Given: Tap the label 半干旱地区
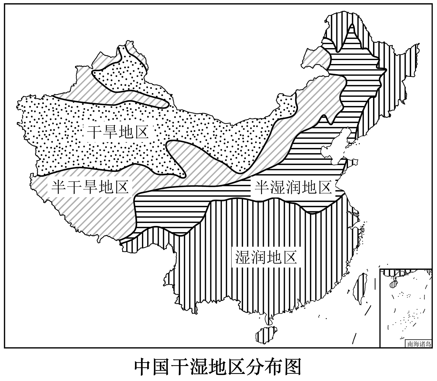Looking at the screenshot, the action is click(x=90, y=187).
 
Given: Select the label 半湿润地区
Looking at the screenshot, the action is click(x=293, y=187).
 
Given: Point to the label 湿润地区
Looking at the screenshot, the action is click(x=266, y=257).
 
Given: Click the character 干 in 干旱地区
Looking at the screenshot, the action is click(x=94, y=132).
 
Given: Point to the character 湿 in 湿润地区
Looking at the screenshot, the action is click(x=243, y=257).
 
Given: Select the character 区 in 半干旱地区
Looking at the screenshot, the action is click(x=121, y=187).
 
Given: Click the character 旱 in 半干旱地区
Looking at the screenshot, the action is click(x=90, y=187).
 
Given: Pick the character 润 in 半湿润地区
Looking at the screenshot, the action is click(x=293, y=187).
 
